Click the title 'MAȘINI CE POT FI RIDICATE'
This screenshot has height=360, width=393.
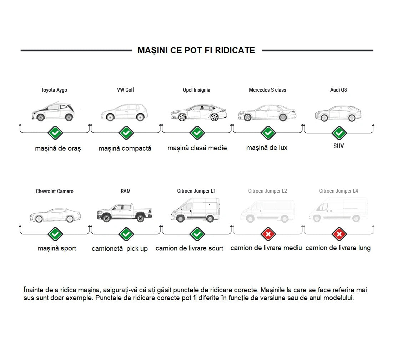pos(196,50)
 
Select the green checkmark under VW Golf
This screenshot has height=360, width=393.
pos(126,133)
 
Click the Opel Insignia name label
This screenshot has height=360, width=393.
pos(196,90)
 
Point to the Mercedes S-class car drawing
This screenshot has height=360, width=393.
pos(267,113)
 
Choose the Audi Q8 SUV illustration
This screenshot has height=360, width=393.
pos(338,113)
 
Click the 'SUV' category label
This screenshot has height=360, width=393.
pos(338,146)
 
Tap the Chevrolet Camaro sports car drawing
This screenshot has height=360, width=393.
pos(55,215)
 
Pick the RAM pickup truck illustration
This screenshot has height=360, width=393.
pos(125,213)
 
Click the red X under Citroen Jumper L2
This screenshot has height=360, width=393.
pos(268,234)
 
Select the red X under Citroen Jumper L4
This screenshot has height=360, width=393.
pos(339,234)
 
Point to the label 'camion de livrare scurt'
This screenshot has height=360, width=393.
pos(189,248)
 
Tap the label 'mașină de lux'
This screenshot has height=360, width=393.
pos(267,148)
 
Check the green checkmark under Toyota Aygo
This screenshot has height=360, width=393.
pos(55,133)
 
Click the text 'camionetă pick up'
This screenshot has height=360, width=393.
pos(120,249)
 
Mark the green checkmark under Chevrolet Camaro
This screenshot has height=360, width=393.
pos(55,234)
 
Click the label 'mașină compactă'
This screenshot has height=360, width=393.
pos(125,148)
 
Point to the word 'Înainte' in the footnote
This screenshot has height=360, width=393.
pos(34,290)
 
